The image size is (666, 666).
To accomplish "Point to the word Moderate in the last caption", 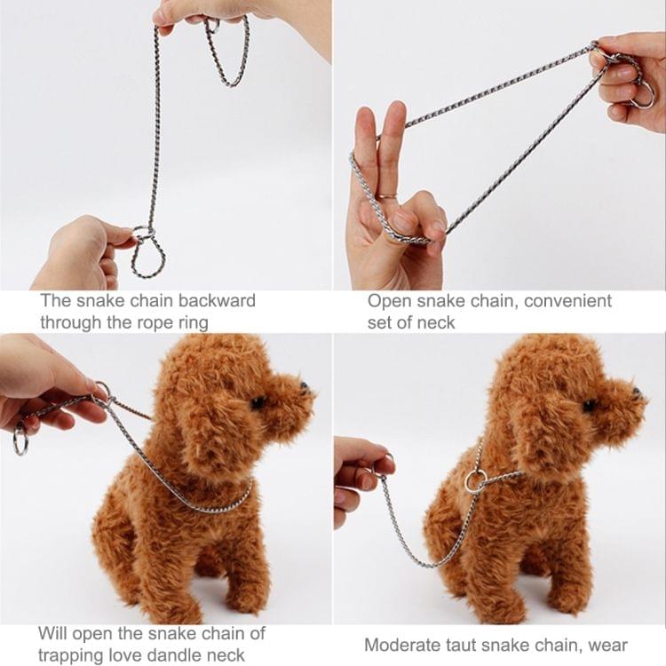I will point(404,645).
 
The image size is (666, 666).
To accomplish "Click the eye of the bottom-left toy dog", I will point(258,402).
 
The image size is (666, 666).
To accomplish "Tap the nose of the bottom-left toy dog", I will point(305,388).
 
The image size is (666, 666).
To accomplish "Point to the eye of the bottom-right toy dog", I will point(590,405).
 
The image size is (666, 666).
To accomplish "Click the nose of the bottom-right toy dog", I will point(638,391).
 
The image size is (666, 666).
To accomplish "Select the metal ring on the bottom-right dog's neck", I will point(475,482).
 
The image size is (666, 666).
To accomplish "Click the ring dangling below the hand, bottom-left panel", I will point(20,440).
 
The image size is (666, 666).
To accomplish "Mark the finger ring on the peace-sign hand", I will point(384,196).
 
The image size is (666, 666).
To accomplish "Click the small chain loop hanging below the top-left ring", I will point(148,259).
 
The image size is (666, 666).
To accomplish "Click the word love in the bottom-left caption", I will point(133,655).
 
